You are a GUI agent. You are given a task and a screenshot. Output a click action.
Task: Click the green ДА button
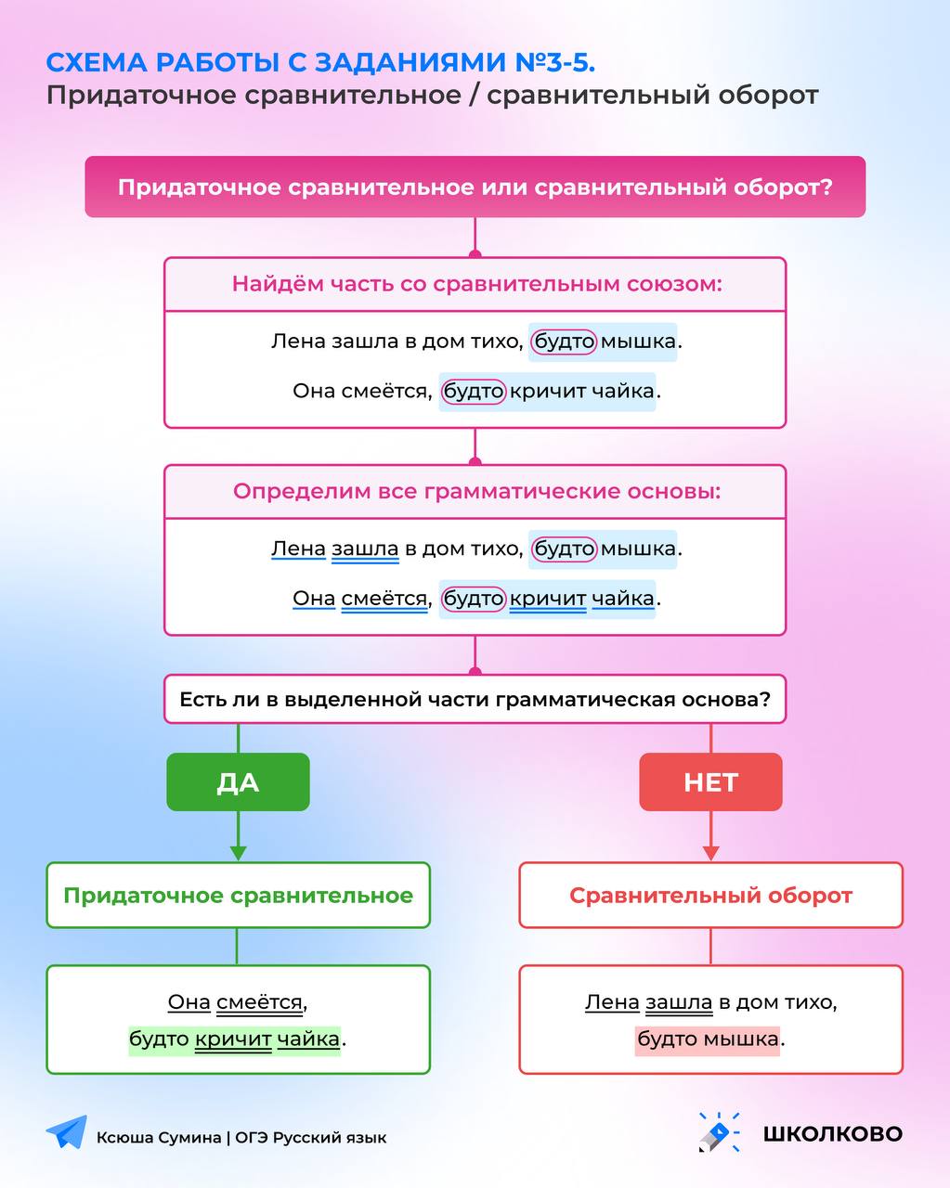238,781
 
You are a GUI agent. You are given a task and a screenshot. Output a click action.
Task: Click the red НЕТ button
710,781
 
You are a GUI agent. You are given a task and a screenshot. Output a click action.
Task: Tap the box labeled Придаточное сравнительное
238,895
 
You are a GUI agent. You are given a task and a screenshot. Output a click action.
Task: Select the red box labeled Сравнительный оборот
710,895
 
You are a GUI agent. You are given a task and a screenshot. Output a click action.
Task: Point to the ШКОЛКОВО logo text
832,1133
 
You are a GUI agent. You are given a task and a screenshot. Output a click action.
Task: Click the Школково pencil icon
719,1132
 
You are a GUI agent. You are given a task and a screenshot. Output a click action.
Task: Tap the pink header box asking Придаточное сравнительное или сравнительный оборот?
475,187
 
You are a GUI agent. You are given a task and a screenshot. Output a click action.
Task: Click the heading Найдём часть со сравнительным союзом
477,284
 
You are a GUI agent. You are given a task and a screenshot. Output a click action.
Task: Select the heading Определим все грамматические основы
477,491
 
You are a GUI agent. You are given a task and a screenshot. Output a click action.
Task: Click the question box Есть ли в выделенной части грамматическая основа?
475,699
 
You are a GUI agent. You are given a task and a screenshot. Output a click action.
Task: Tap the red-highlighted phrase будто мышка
708,1039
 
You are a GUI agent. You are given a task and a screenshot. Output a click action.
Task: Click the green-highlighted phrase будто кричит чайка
235,1039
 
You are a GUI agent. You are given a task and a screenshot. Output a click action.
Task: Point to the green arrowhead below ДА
238,853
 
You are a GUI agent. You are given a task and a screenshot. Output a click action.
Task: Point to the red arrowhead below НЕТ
710,853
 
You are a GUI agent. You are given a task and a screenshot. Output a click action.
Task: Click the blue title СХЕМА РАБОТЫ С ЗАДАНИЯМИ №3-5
320,62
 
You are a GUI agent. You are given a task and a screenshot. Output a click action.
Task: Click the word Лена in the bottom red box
612,1002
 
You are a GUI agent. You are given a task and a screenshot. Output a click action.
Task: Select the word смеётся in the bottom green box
259,1002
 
